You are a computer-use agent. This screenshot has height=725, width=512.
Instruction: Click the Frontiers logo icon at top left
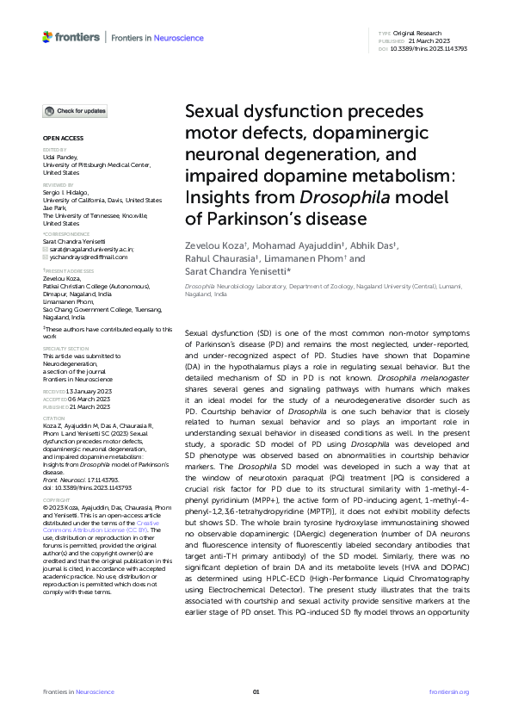(x=47, y=37)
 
